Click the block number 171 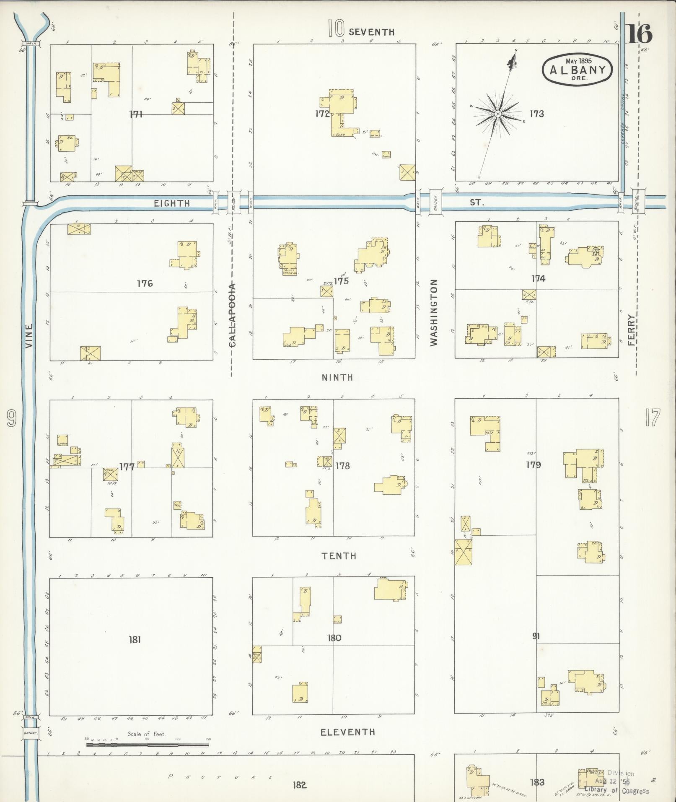(136, 114)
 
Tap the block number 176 (145, 284)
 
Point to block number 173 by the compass (536, 114)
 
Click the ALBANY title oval (577, 69)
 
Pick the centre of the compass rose (497, 114)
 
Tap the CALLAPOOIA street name (233, 315)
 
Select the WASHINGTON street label (434, 312)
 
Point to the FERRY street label (632, 330)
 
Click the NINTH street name (337, 377)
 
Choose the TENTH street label (339, 556)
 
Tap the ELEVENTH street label (347, 732)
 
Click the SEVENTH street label (371, 32)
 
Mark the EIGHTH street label (172, 203)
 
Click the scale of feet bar (147, 745)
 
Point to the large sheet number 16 (640, 34)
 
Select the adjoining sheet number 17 (653, 418)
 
